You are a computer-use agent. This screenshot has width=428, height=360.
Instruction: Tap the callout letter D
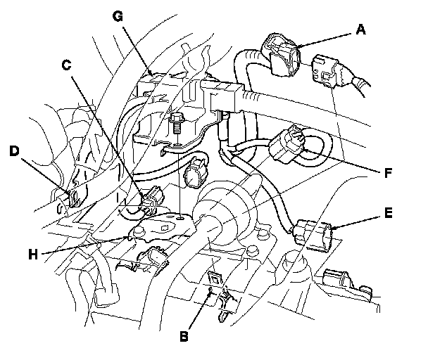coord(13,150)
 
